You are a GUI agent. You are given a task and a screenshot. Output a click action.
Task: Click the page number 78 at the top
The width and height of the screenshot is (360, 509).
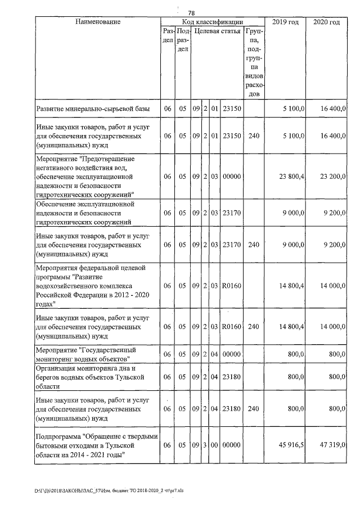191,13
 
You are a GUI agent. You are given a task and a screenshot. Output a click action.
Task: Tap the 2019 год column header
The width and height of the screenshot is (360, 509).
284,22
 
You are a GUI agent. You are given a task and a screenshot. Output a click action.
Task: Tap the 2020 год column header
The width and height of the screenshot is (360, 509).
327,22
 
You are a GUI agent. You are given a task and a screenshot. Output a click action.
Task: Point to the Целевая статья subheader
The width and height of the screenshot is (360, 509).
218,31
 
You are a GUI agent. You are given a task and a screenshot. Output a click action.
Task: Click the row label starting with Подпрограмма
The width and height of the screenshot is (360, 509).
96,445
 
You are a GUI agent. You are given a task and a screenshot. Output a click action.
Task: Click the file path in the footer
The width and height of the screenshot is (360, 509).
112,490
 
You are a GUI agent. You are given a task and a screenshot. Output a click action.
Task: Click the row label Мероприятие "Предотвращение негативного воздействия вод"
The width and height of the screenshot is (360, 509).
90,176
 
